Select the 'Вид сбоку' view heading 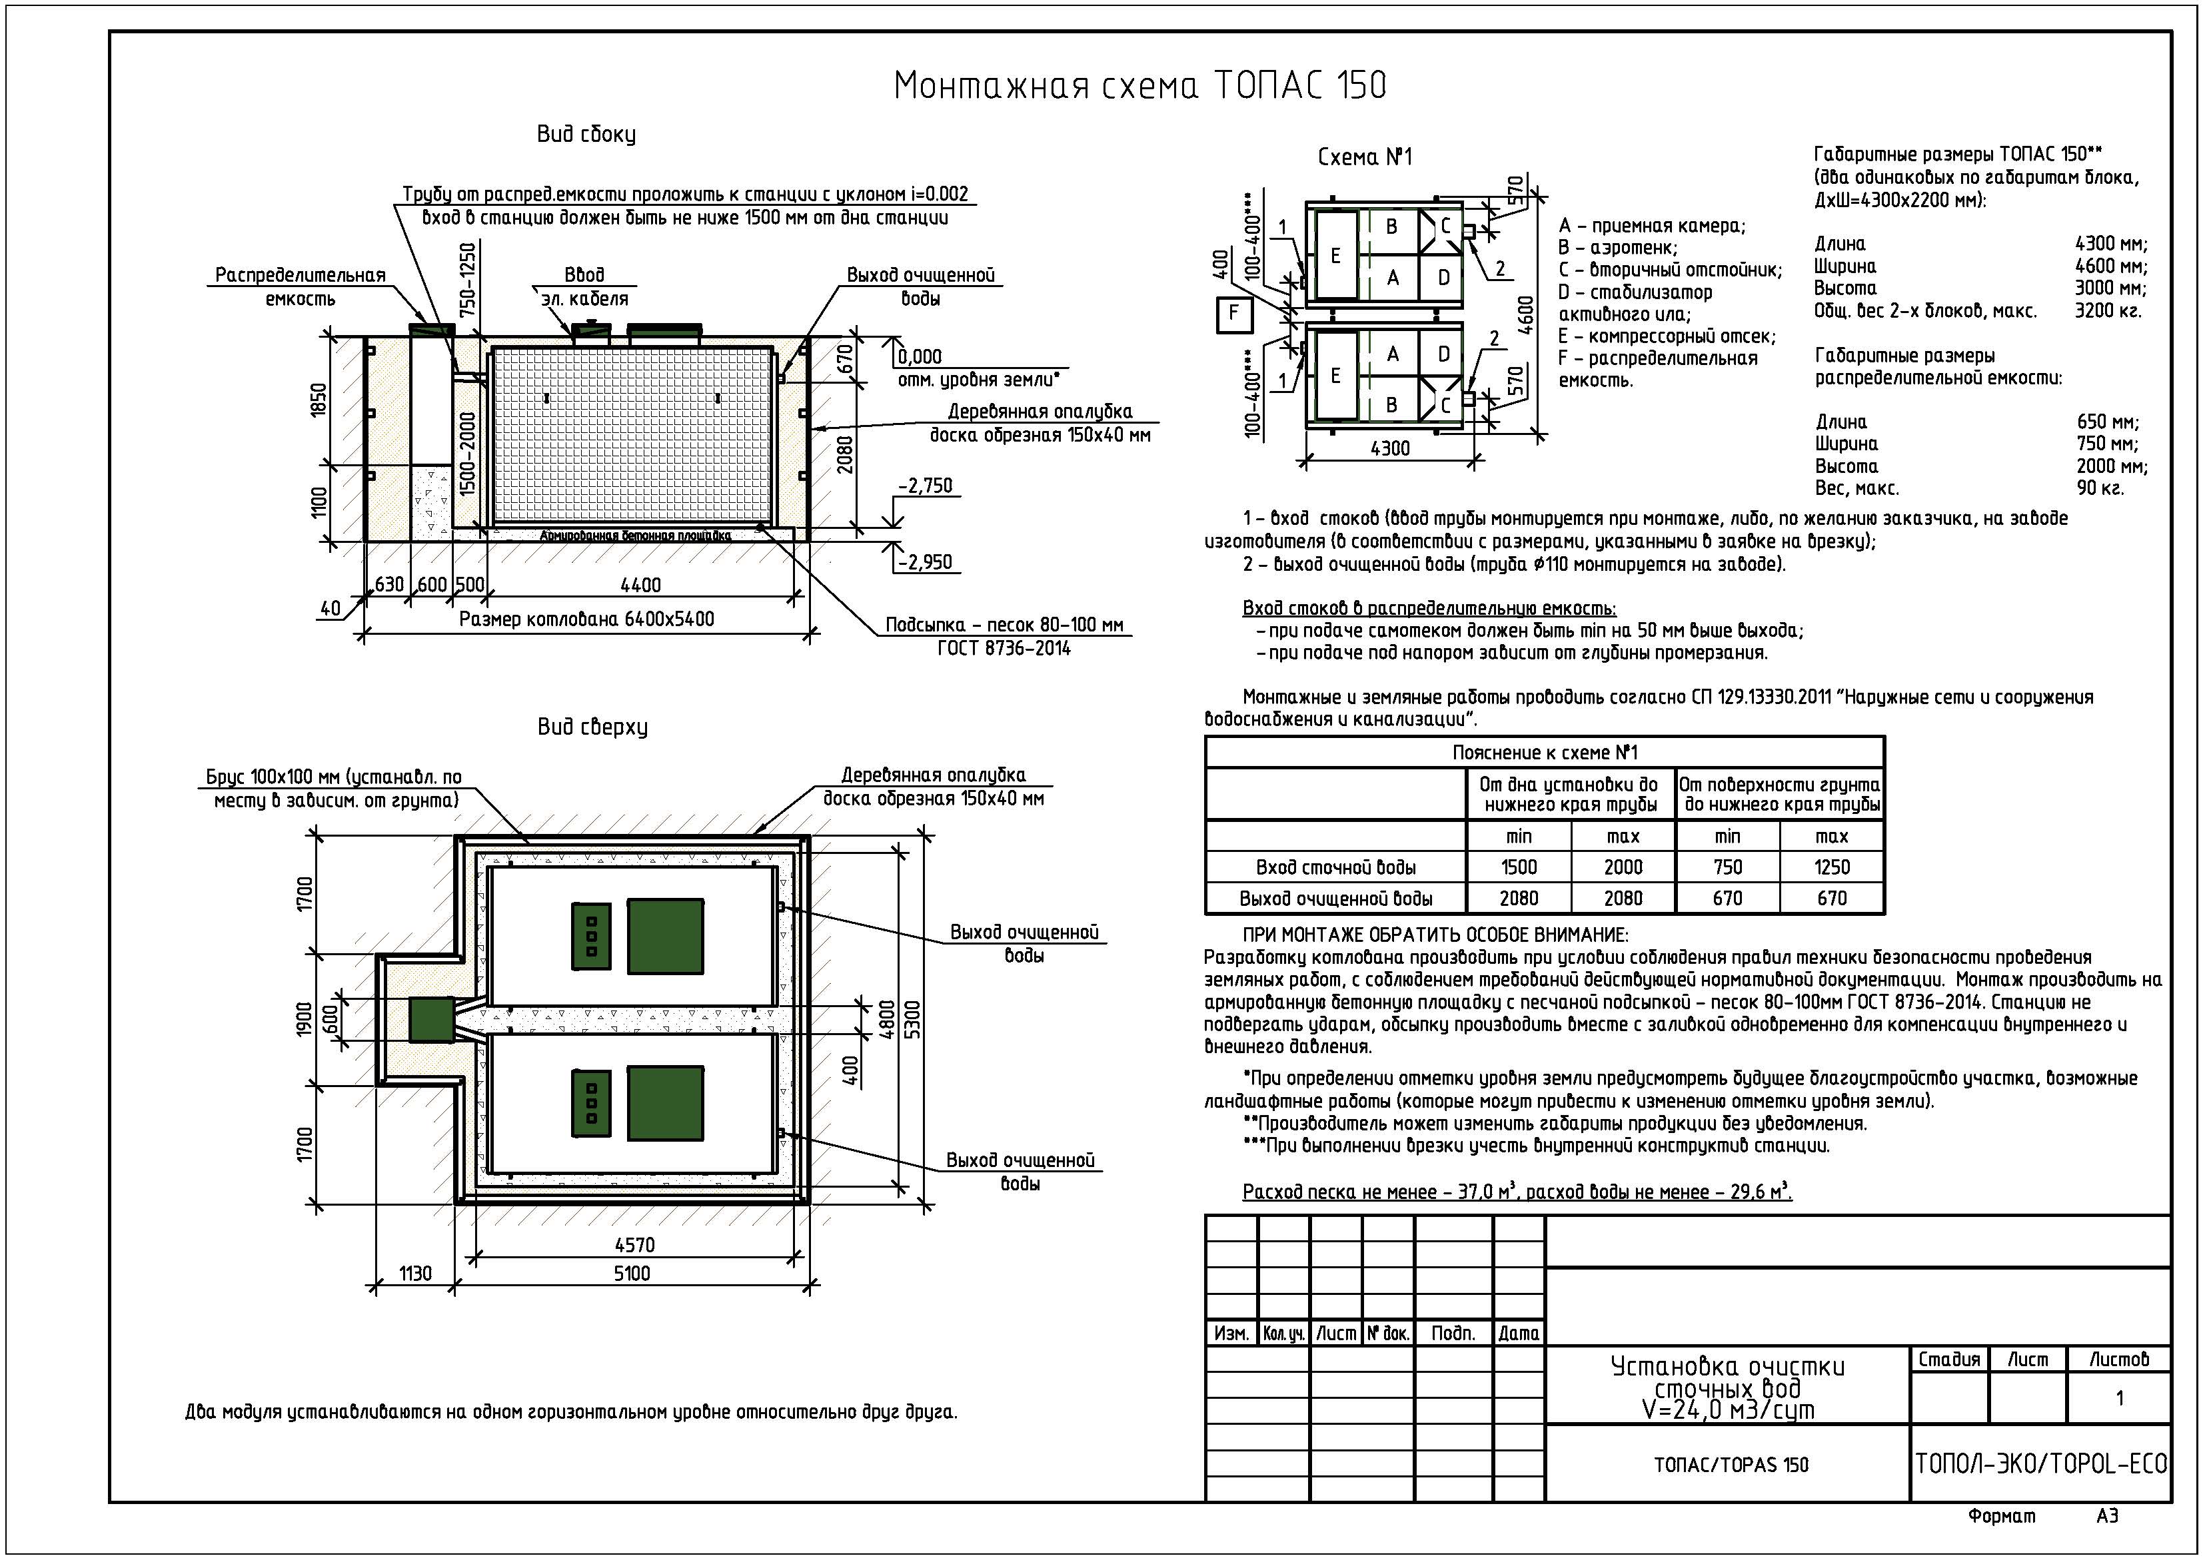pyautogui.click(x=586, y=135)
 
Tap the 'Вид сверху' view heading pyautogui.click(x=592, y=727)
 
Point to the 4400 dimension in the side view pyautogui.click(x=640, y=585)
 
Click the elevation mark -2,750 pyautogui.click(x=925, y=486)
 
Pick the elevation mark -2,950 pyautogui.click(x=925, y=562)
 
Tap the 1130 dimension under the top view pyautogui.click(x=415, y=1273)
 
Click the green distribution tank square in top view pyautogui.click(x=431, y=1020)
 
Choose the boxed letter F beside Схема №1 pyautogui.click(x=1234, y=314)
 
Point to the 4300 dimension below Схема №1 pyautogui.click(x=1389, y=448)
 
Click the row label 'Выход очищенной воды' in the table pyautogui.click(x=1336, y=899)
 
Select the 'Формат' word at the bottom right pyautogui.click(x=2001, y=1517)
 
